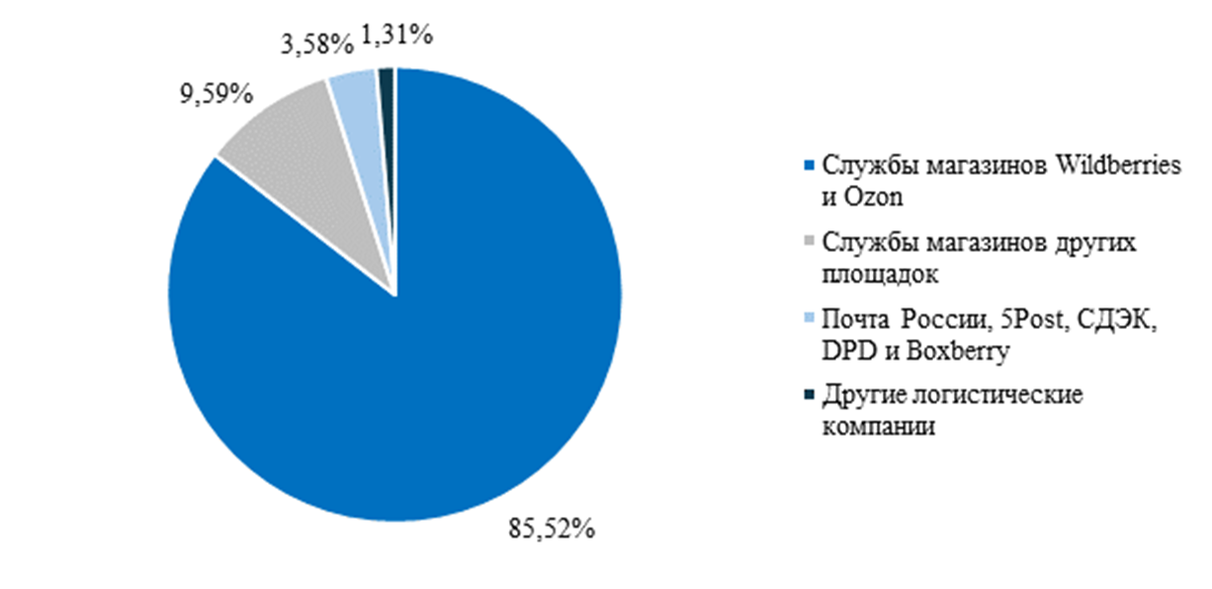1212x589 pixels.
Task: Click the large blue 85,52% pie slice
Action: (415, 376)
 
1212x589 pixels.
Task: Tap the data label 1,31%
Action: (397, 35)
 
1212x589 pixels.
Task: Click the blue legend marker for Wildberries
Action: (812, 164)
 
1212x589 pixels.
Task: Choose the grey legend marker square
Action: (812, 241)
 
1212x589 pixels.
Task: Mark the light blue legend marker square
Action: (812, 318)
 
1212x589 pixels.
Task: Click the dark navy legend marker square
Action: (812, 395)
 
